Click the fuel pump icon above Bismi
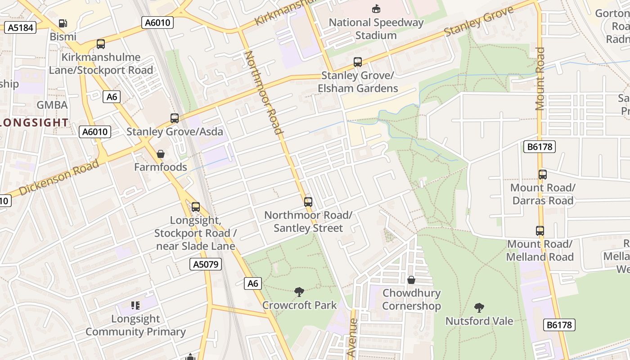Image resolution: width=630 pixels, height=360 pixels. point(63,23)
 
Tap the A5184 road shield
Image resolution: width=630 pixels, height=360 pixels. point(21,27)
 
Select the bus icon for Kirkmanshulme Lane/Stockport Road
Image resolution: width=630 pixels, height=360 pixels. point(101,44)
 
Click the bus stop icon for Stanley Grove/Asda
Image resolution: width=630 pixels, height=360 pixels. point(175,118)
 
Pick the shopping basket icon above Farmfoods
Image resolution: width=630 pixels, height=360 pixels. point(161,154)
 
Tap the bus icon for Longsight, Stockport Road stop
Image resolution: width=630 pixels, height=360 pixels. point(196,207)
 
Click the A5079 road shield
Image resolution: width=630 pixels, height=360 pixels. point(206,264)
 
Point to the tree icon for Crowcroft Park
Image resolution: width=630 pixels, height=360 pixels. point(299,292)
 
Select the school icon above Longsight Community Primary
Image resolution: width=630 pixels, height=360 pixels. point(135,306)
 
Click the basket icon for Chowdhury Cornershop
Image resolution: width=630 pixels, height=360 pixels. point(411,280)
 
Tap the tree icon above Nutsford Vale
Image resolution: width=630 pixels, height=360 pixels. point(479,308)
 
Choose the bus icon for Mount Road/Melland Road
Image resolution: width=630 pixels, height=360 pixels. point(540,231)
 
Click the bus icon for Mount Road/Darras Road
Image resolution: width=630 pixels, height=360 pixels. point(543,175)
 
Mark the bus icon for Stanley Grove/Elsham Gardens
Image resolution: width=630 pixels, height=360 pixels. point(358,62)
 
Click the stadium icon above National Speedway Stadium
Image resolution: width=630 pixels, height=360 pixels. point(376,9)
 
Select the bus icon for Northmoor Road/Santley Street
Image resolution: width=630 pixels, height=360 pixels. point(308,202)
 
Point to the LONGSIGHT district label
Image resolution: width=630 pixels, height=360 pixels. point(34,122)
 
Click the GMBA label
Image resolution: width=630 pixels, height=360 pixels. point(52,105)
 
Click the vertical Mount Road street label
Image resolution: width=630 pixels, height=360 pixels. point(540,79)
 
